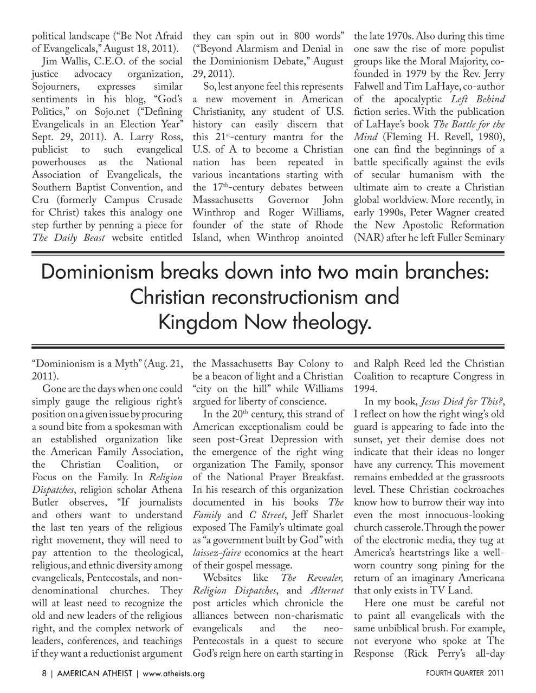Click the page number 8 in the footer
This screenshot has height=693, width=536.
click(44, 674)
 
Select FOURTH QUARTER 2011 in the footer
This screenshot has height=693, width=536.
click(464, 674)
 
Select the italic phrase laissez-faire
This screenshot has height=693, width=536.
click(217, 553)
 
